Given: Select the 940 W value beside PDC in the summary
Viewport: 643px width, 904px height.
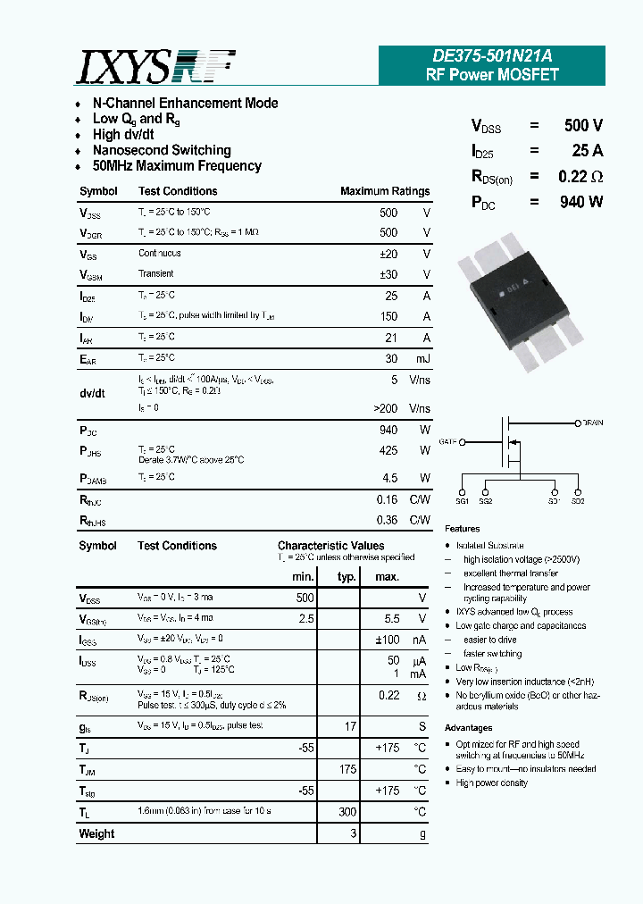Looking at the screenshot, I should (x=581, y=202).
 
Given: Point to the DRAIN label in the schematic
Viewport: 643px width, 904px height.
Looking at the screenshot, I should (x=593, y=423).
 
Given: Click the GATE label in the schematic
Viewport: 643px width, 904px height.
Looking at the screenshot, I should (x=448, y=441).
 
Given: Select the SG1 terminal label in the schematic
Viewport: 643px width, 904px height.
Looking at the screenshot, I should (x=463, y=501).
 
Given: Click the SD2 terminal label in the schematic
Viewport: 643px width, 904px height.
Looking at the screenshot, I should (x=578, y=501).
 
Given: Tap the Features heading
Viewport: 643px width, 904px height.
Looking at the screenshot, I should (x=462, y=529).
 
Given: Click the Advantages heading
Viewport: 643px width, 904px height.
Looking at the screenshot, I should (x=468, y=728).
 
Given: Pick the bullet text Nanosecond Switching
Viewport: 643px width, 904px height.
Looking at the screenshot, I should (x=162, y=150).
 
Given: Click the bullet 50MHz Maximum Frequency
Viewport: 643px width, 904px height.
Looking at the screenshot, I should (x=177, y=166).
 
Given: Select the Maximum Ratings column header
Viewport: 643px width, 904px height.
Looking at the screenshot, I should (x=385, y=191).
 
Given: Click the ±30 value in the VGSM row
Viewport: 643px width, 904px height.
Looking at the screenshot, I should (x=388, y=274).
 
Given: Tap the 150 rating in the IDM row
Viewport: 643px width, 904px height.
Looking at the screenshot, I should (x=388, y=316).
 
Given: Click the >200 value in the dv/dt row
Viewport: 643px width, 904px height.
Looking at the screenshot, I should (x=385, y=408).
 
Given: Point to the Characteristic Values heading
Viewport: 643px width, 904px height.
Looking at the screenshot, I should (x=330, y=546).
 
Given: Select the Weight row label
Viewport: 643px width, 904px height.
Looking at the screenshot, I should (x=96, y=834).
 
